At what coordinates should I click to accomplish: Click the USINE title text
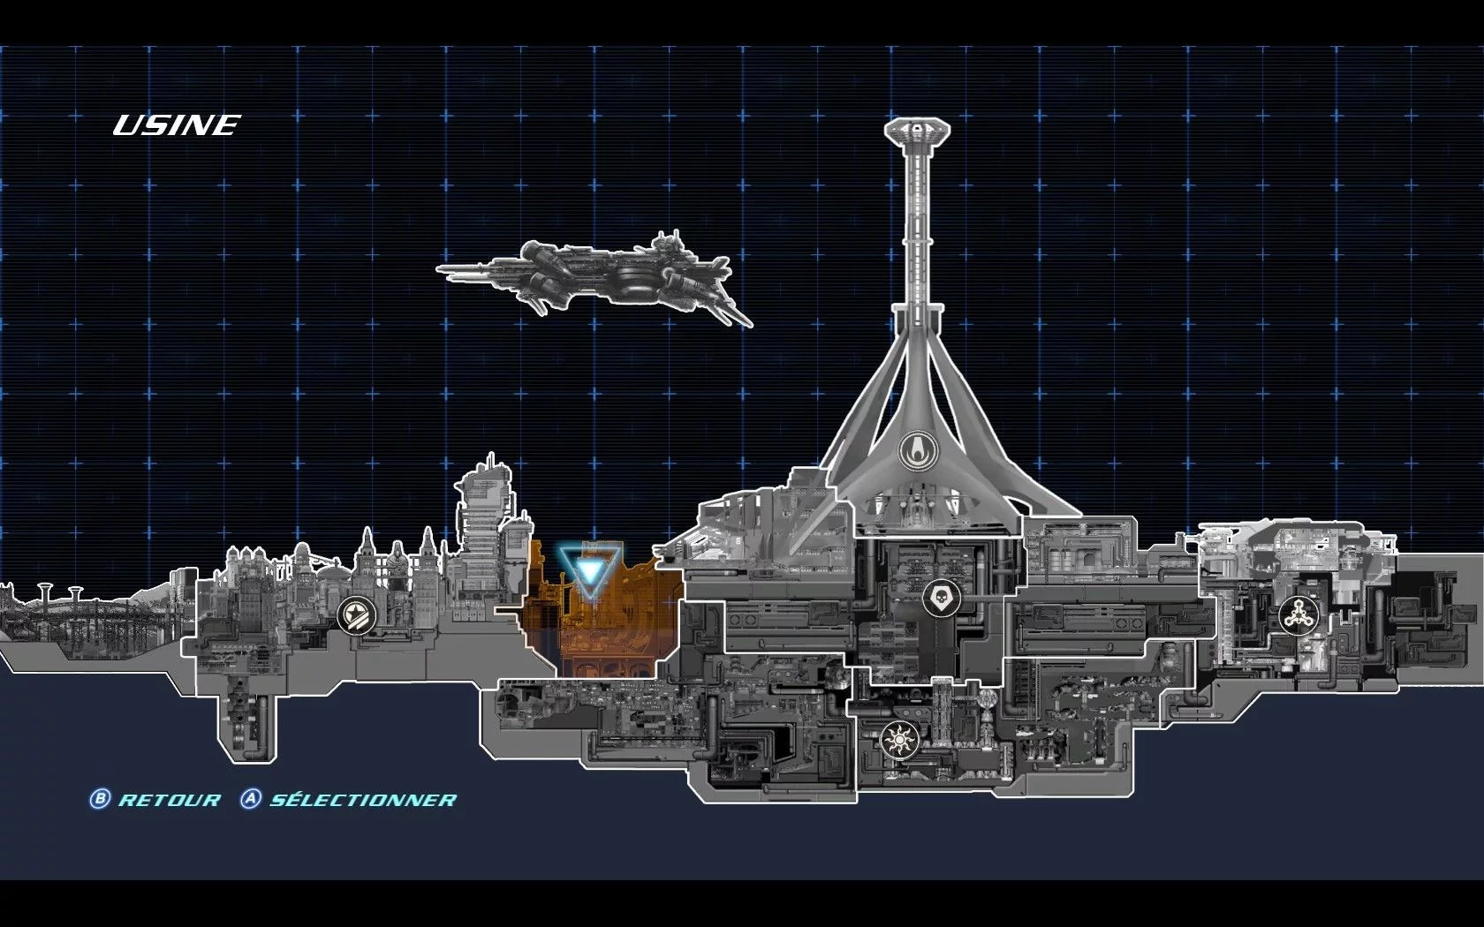coord(177,125)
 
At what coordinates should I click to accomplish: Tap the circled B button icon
coord(99,798)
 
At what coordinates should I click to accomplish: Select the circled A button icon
coord(251,798)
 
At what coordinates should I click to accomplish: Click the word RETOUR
coord(170,800)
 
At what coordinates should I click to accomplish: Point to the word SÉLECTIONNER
coord(363,799)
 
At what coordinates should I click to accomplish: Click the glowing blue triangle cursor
coord(589,571)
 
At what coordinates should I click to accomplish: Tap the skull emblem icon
coord(941,598)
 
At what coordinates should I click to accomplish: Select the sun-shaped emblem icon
coord(899,739)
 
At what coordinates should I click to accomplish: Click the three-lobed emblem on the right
coord(1298,615)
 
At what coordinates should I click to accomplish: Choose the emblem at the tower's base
coord(918,450)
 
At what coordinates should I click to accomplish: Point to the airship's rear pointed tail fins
coord(732,310)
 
